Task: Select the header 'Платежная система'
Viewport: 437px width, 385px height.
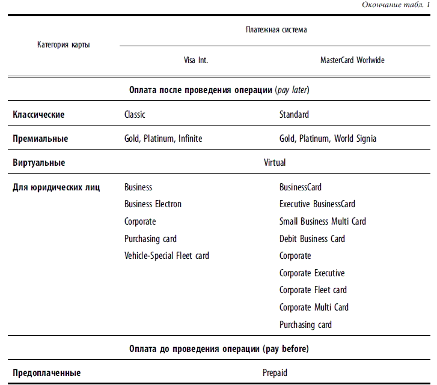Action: [x=276, y=29]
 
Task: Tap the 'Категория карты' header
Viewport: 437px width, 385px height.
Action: [x=64, y=45]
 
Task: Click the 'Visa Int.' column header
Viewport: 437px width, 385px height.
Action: [x=196, y=61]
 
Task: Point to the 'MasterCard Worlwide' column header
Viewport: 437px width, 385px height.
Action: [x=352, y=61]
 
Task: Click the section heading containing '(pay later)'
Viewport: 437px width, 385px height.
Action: [x=219, y=91]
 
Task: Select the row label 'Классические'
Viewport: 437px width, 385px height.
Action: [x=38, y=114]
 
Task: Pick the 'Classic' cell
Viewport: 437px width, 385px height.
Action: [x=135, y=114]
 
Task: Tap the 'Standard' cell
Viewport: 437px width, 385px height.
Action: [x=294, y=114]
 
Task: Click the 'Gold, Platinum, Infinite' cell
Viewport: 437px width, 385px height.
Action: [x=163, y=139]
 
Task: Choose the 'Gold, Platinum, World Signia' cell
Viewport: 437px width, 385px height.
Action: [x=328, y=139]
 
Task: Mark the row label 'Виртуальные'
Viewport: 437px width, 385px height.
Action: [x=39, y=163]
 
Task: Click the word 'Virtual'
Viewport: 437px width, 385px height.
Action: [x=275, y=163]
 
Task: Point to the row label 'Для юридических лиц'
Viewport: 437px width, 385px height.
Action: [x=57, y=187]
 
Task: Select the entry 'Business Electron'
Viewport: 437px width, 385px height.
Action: [x=153, y=204]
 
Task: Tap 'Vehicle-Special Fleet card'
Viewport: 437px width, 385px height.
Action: [x=167, y=256]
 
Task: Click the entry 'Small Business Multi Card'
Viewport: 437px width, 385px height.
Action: [x=322, y=222]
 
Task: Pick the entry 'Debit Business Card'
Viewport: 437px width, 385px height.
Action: [x=312, y=239]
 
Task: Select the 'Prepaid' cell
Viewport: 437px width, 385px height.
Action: [x=275, y=373]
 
